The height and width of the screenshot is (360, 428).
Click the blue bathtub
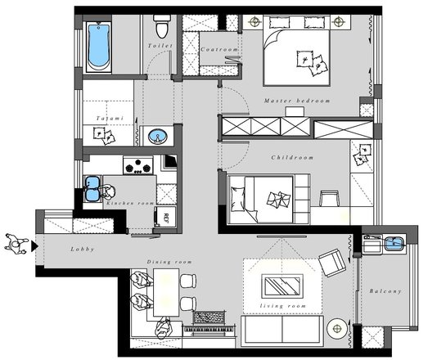pos(98,47)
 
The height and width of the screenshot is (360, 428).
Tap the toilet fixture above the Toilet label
pos(161,26)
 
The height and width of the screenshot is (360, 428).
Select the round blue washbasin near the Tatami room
pos(157,136)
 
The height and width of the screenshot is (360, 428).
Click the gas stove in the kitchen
pos(137,165)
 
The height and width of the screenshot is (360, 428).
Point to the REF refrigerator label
pos(165,218)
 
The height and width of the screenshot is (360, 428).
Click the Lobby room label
pos(83,249)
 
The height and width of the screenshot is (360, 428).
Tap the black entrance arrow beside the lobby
pos(34,246)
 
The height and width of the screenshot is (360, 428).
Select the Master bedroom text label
pos(297,101)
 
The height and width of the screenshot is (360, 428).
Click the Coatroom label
pos(219,49)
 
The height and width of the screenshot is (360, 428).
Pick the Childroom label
pos(292,157)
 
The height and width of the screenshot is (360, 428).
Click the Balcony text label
pos(385,291)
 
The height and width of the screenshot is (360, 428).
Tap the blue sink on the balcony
pos(394,244)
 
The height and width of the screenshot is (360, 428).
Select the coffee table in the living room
pos(282,286)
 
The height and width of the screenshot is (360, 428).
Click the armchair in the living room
pos(332,263)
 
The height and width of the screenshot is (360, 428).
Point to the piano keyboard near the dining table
pos(209,329)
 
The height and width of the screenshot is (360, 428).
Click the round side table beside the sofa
pos(337,329)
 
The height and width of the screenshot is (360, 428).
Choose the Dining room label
pos(169,262)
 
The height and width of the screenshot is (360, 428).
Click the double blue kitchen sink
pos(92,188)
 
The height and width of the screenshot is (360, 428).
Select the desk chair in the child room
pos(329,198)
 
